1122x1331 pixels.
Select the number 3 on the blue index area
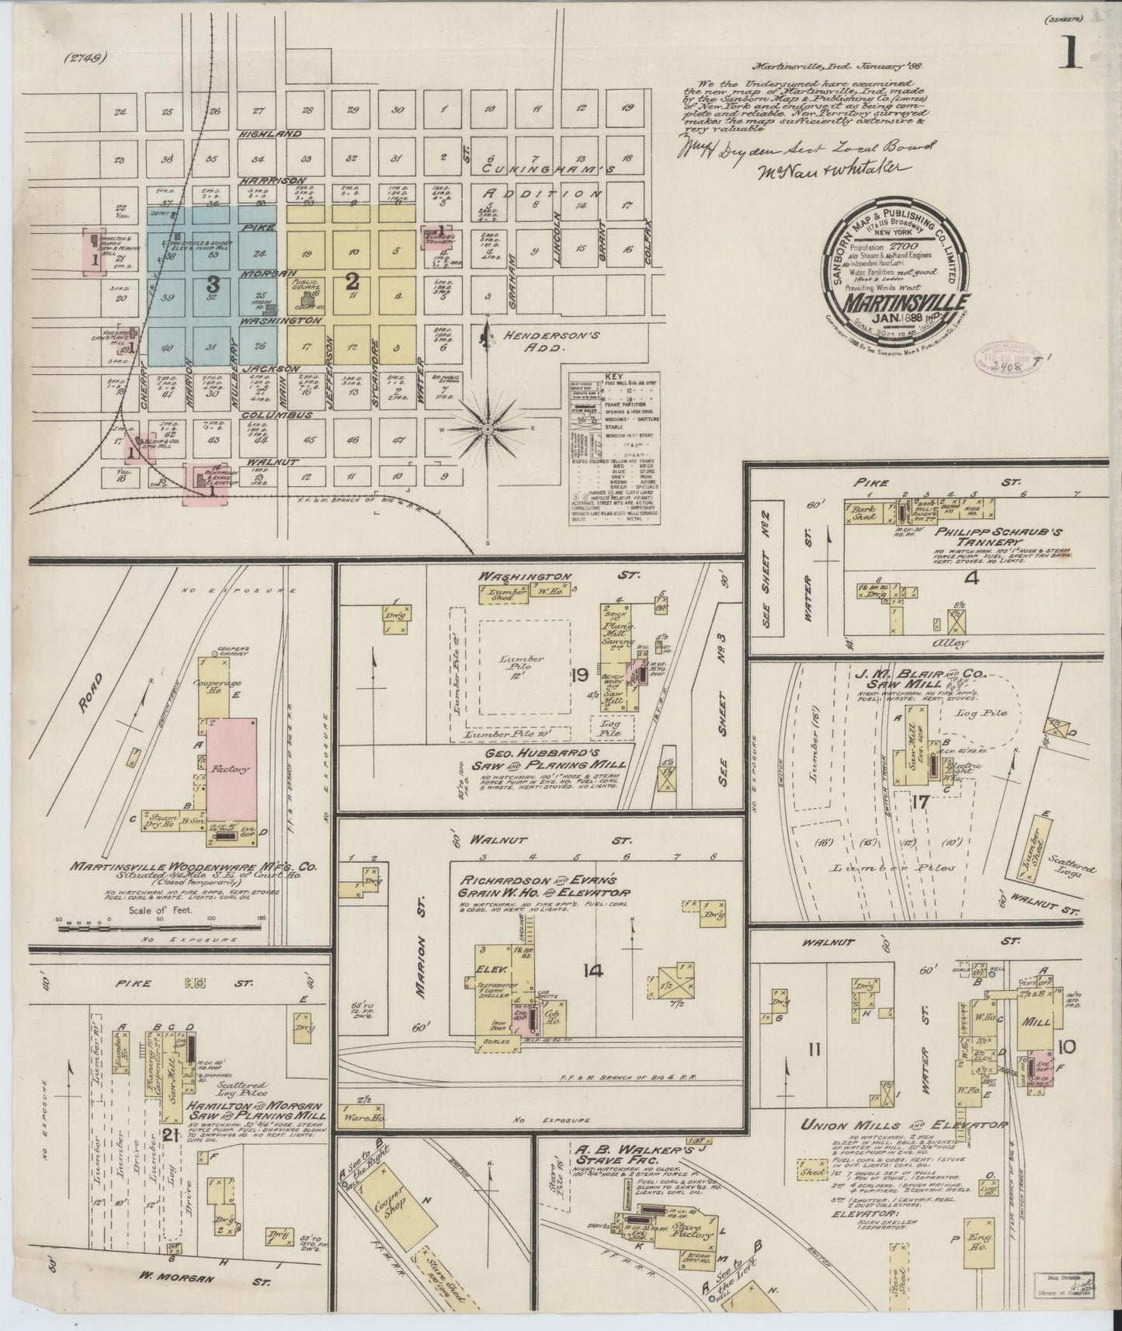point(213,285)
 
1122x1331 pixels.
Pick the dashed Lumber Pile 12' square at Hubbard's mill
point(523,665)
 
